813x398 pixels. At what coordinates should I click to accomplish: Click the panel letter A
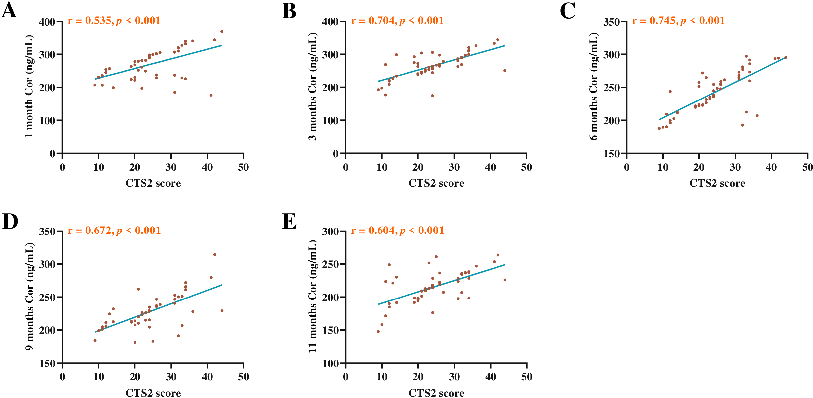tap(9, 11)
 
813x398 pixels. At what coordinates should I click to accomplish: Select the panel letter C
tap(568, 11)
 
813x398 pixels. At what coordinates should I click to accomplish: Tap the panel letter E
tap(289, 221)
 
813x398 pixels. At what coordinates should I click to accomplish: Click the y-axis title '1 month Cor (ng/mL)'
tap(29, 86)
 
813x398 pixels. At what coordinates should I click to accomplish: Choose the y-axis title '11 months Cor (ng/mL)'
tap(313, 296)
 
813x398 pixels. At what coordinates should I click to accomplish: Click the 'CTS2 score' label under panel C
tap(717, 183)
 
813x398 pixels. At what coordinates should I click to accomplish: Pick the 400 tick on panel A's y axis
tap(47, 22)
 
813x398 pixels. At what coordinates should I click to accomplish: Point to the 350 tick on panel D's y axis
tap(47, 232)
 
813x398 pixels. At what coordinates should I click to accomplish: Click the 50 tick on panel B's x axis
tap(527, 167)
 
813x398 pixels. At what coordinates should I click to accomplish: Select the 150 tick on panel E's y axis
tap(330, 330)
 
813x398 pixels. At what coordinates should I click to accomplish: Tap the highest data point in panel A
tap(222, 32)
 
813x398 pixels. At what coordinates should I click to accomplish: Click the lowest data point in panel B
tap(432, 96)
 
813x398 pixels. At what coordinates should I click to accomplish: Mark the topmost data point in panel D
tap(215, 255)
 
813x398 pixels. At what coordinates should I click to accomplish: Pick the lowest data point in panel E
tap(378, 331)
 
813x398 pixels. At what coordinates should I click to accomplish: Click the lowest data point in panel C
tap(659, 128)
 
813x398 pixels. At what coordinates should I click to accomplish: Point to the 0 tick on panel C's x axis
tap(627, 167)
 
